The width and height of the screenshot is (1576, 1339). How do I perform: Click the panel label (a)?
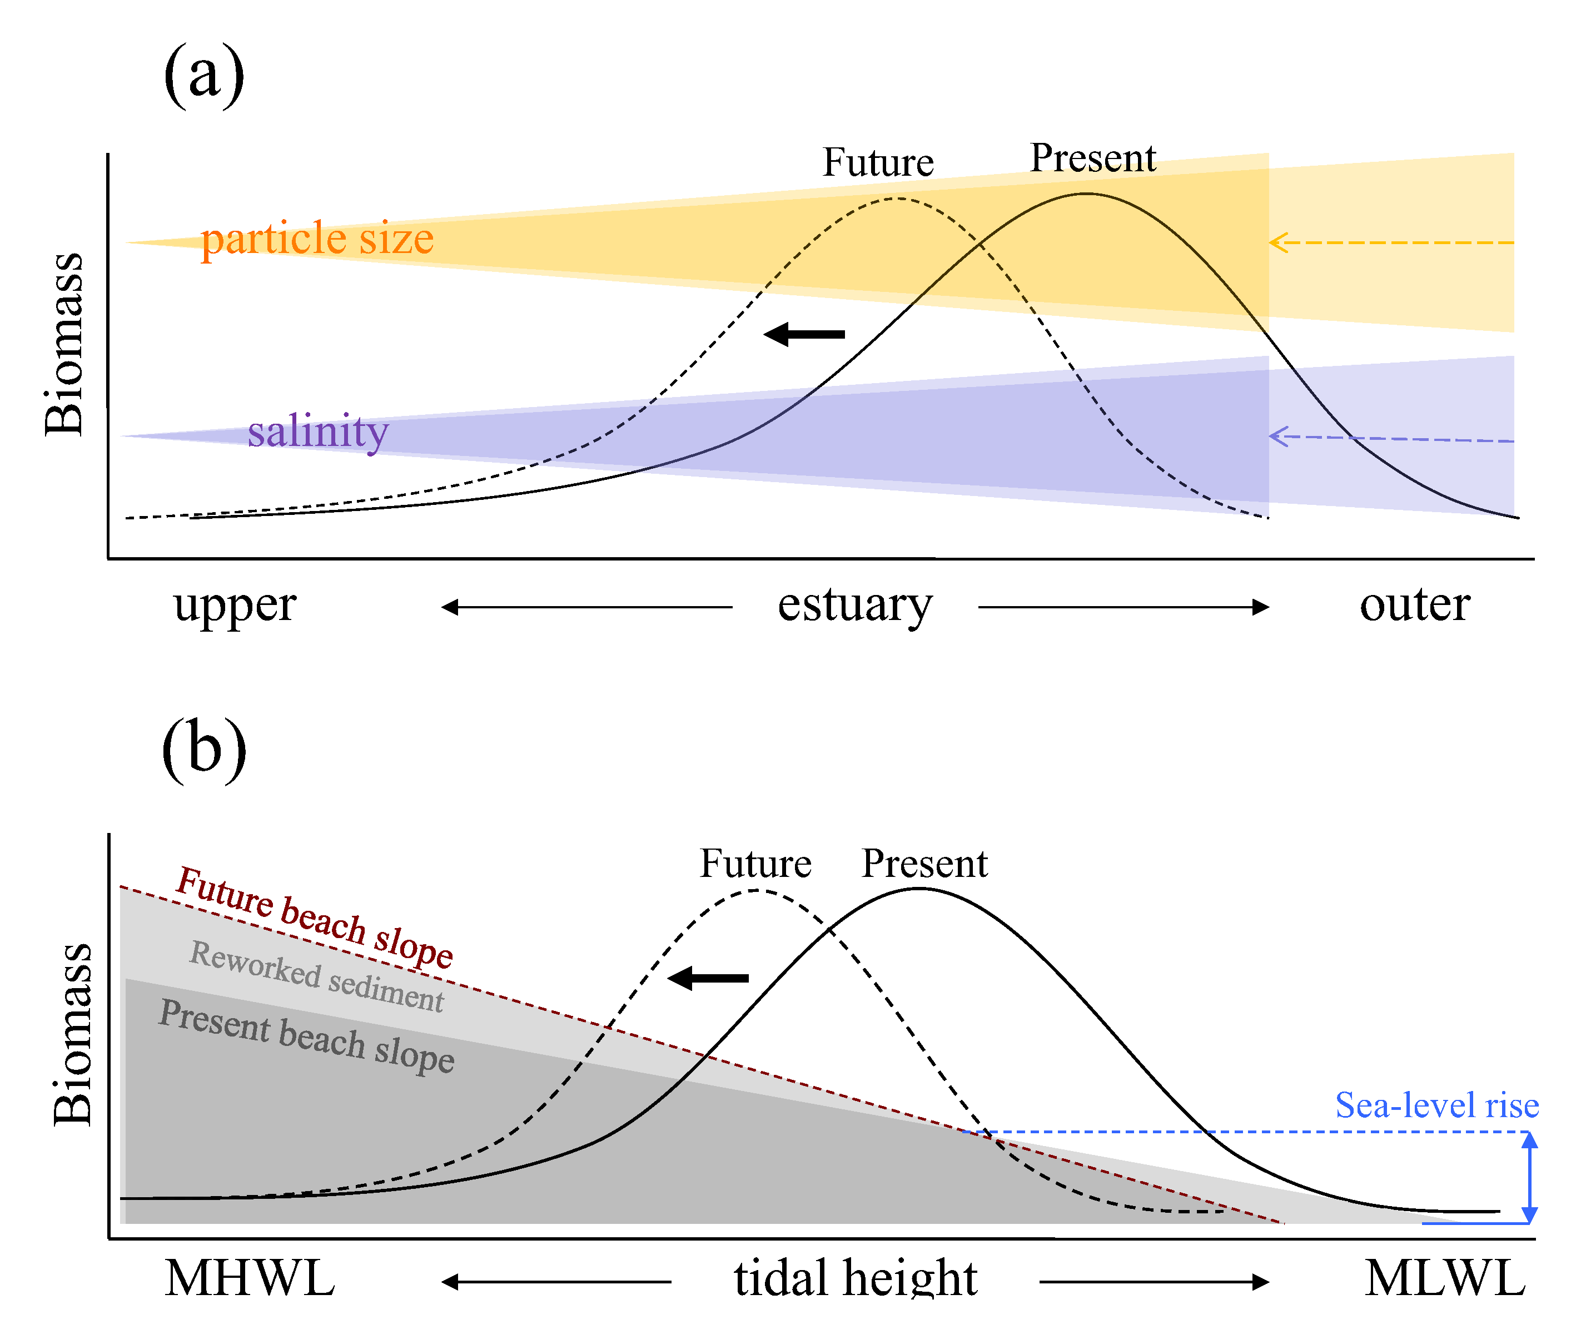[203, 76]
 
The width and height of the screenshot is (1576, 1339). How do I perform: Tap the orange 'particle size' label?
[317, 239]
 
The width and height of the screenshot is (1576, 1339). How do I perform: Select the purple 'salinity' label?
[318, 432]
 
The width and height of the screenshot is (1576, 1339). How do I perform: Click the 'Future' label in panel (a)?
[878, 162]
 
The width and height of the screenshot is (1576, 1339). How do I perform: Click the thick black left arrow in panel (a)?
[804, 334]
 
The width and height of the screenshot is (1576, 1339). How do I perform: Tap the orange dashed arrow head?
[1278, 243]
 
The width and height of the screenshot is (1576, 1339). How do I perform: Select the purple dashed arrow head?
[1278, 437]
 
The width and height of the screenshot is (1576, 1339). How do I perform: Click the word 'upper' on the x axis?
[235, 606]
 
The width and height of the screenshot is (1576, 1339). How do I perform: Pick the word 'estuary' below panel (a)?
[854, 606]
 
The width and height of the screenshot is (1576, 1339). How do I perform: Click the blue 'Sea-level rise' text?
[1436, 1105]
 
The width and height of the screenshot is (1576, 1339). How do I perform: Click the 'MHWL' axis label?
[250, 1278]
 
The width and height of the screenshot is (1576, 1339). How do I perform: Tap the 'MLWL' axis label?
[1445, 1278]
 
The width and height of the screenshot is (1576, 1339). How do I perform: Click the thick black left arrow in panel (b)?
[709, 979]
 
